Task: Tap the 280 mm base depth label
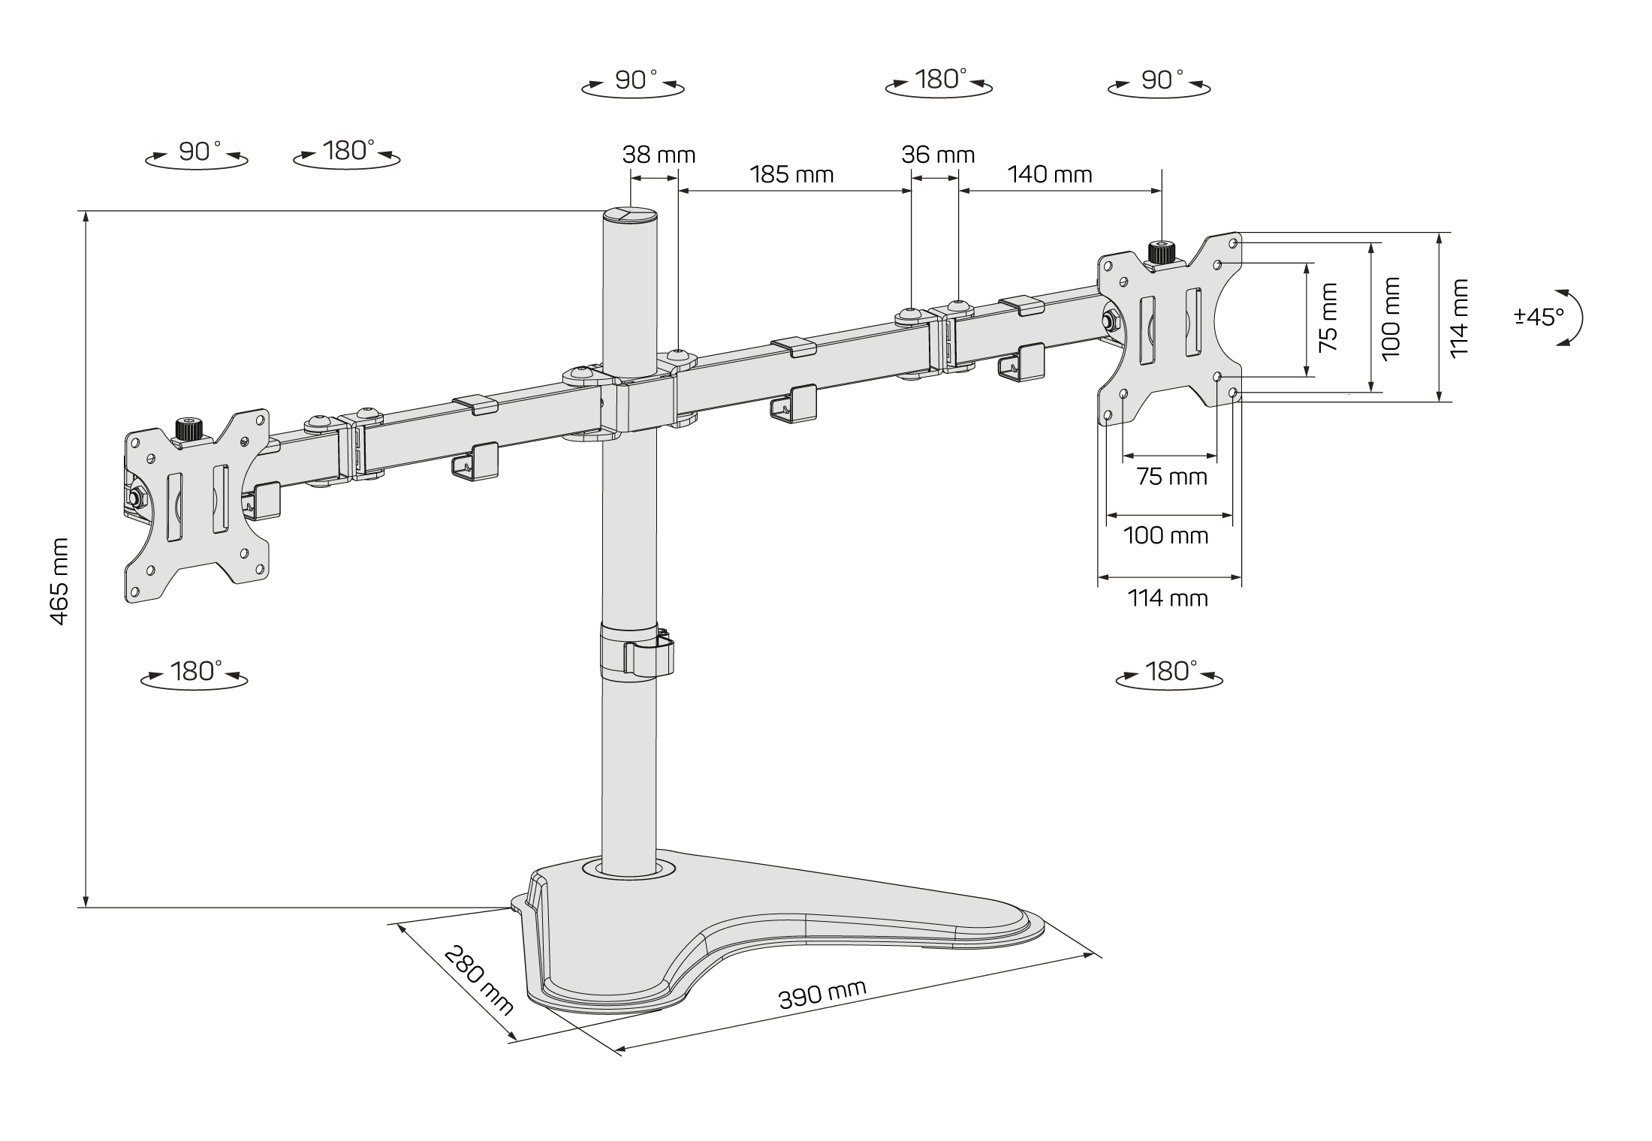tap(478, 979)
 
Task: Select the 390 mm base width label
tap(822, 995)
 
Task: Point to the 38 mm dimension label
tap(659, 155)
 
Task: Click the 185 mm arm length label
tap(791, 175)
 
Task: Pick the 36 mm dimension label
tap(938, 155)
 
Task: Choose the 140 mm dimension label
tap(1049, 175)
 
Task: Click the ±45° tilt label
tap(1539, 317)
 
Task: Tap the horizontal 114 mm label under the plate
tap(1168, 598)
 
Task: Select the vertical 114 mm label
tap(1458, 318)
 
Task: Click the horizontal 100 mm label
tap(1165, 536)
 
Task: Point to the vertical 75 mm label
tap(1328, 318)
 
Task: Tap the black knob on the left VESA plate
tap(188, 429)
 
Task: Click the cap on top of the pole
tap(629, 215)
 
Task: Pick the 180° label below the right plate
tap(1170, 672)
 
